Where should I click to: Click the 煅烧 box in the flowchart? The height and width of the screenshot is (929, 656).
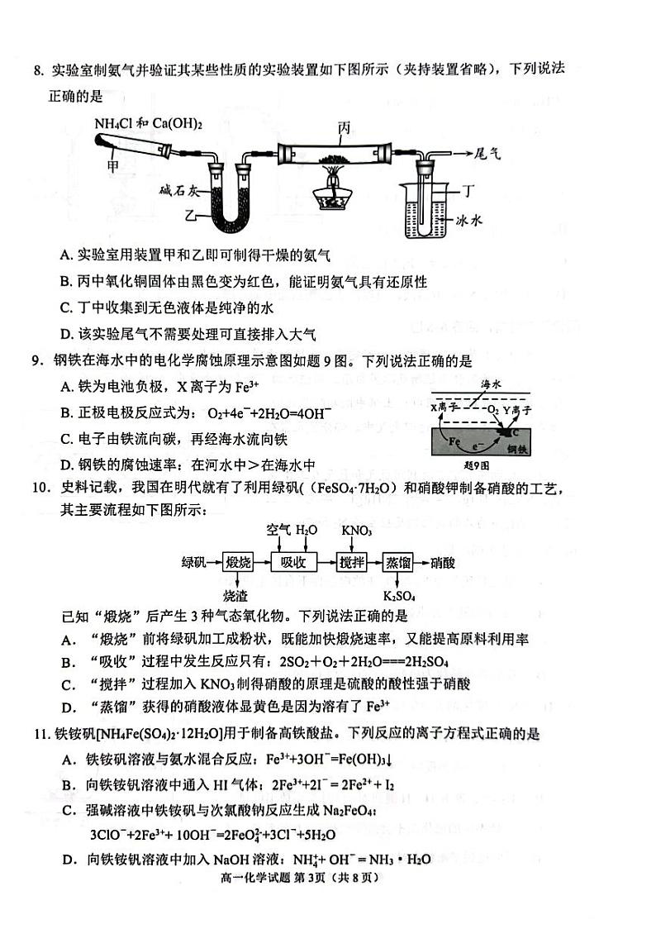coord(238,562)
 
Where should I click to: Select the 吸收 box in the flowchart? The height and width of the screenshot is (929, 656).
coord(294,562)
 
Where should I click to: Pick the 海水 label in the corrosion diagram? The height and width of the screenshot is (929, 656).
coord(492,384)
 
